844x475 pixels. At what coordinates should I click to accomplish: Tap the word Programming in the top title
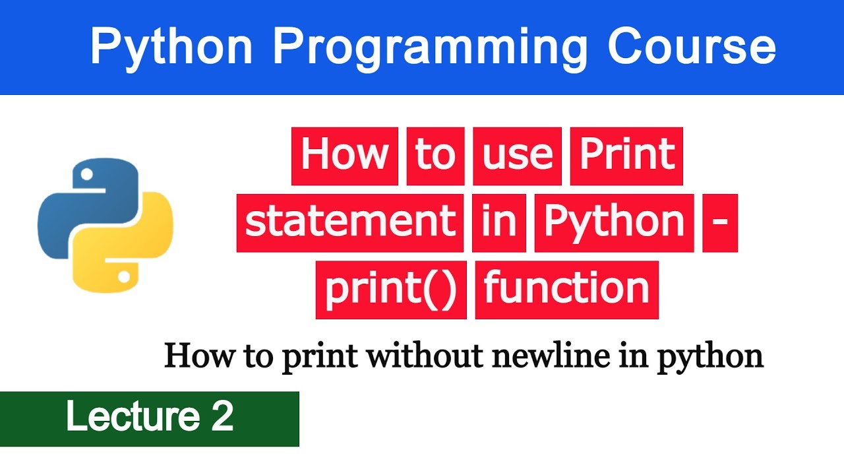(430, 48)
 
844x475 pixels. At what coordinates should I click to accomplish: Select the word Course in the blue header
(691, 47)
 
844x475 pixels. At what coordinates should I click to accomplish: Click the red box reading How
(345, 156)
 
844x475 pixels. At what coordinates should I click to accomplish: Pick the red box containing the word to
(435, 156)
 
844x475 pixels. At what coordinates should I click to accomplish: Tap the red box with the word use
(517, 156)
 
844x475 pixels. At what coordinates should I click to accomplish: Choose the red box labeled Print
(626, 156)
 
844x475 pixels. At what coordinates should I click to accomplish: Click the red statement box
(350, 223)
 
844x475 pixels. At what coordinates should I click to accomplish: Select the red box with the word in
(498, 223)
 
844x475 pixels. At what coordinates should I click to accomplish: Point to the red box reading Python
(614, 223)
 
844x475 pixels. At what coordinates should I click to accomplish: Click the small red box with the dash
(720, 223)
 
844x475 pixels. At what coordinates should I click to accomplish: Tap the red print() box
(391, 290)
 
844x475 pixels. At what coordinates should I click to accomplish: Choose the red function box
(567, 290)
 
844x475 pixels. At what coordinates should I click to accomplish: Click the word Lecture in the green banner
(131, 417)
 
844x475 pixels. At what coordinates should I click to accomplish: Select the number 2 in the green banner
(223, 417)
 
